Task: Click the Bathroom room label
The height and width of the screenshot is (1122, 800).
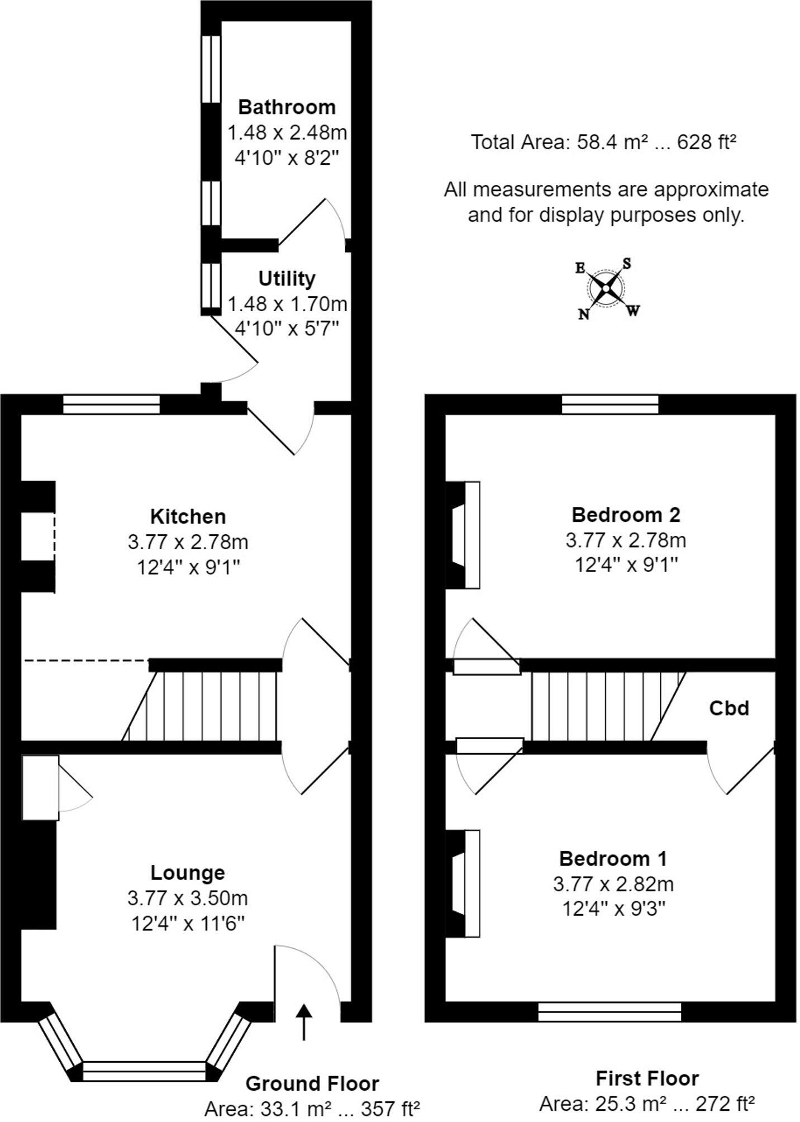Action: click(287, 107)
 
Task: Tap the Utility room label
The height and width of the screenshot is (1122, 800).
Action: click(287, 278)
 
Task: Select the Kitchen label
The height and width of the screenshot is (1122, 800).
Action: click(188, 516)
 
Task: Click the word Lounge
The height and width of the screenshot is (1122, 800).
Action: click(188, 872)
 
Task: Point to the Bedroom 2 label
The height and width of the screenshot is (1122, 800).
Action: click(626, 514)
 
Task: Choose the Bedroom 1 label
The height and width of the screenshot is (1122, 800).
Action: click(613, 858)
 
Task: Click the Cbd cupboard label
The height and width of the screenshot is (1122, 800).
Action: click(728, 708)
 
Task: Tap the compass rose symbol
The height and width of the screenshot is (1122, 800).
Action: click(606, 288)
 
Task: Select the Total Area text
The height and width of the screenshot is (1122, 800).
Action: click(603, 142)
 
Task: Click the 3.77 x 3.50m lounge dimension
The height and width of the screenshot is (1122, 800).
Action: click(188, 898)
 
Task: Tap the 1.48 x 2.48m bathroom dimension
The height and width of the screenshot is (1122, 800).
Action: click(287, 133)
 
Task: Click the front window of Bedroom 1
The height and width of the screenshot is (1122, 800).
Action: click(609, 1011)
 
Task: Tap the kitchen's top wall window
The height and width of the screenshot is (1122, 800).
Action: click(111, 405)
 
